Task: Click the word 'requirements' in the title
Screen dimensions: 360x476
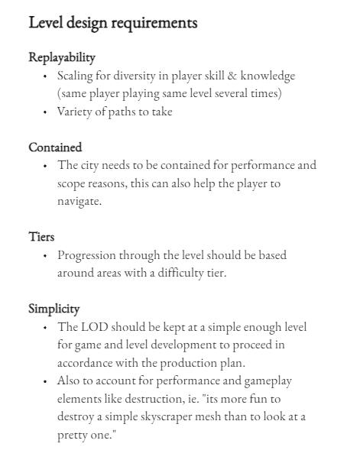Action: click(154, 23)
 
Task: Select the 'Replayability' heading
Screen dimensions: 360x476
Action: click(62, 57)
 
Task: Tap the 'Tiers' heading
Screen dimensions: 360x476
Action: click(41, 237)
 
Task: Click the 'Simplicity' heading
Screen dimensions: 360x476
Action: click(54, 309)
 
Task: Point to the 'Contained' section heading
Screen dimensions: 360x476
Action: click(55, 147)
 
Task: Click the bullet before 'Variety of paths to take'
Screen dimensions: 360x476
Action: click(45, 112)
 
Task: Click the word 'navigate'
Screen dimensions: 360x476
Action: click(79, 202)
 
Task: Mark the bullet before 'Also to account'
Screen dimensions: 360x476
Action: click(45, 381)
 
